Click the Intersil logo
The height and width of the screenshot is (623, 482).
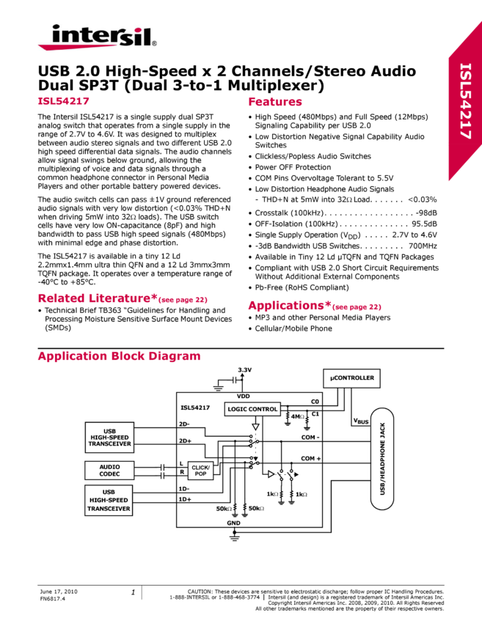(x=97, y=37)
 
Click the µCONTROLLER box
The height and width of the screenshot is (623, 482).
(x=352, y=378)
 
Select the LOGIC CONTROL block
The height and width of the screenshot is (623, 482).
(x=252, y=409)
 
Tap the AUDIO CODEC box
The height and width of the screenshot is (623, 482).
(x=109, y=471)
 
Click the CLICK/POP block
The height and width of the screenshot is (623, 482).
(x=200, y=471)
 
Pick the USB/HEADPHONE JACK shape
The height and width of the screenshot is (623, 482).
(x=382, y=459)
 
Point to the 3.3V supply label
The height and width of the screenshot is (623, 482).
(x=245, y=370)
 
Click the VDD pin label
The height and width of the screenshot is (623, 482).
(x=243, y=397)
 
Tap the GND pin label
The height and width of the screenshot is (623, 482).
(x=233, y=523)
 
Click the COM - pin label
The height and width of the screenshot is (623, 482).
(x=310, y=438)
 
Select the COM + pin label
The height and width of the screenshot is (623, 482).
(x=310, y=459)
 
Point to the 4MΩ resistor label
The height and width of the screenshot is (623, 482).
(x=297, y=416)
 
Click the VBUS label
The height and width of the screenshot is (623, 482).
(x=361, y=421)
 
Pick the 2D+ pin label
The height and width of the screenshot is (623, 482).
(x=186, y=440)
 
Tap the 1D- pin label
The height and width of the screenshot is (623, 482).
(x=185, y=488)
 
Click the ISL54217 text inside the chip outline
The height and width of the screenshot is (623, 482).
(x=195, y=408)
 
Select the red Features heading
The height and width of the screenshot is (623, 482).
(x=275, y=102)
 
